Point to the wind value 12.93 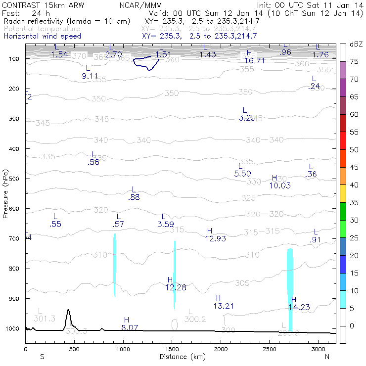pyautogui.click(x=215, y=238)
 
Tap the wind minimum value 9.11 pyautogui.click(x=91, y=76)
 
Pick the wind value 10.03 pyautogui.click(x=280, y=185)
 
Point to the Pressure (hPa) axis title pyautogui.click(x=5, y=193)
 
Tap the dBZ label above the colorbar pyautogui.click(x=356, y=45)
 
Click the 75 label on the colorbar pyautogui.click(x=354, y=62)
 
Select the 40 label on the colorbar pyautogui.click(x=354, y=185)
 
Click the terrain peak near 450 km pyautogui.click(x=68, y=311)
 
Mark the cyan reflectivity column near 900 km pyautogui.click(x=115, y=265)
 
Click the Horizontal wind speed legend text pyautogui.click(x=42, y=36)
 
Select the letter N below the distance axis pyautogui.click(x=327, y=356)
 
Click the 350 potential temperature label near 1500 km pyautogui.click(x=172, y=93)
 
